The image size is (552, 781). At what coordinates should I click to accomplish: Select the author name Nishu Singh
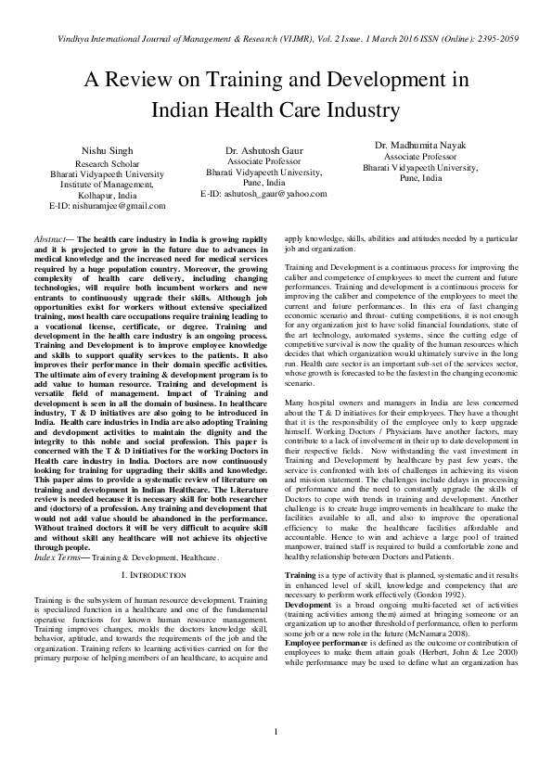point(109,149)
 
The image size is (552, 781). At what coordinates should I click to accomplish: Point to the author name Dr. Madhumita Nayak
point(419,145)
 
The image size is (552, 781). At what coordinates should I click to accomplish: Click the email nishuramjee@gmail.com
point(108,205)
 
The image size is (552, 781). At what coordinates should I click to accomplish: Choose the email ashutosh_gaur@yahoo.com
point(263,194)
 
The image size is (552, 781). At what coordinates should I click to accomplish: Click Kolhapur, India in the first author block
point(109,195)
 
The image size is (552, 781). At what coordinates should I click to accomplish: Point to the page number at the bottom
point(276,760)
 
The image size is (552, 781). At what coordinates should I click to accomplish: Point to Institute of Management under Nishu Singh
point(109,184)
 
